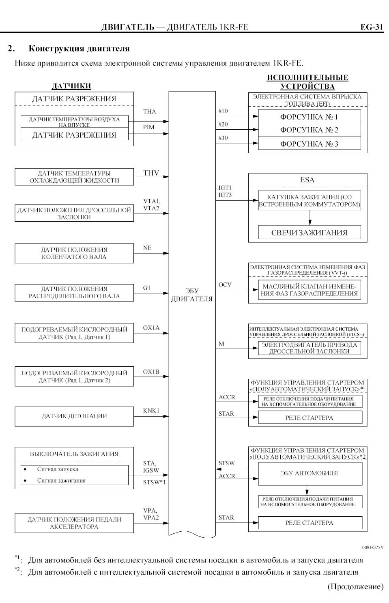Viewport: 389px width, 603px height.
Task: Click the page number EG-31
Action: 371,27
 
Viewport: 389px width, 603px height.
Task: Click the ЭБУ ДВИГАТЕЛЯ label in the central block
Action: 192,295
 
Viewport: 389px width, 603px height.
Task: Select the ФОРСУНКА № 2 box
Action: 309,130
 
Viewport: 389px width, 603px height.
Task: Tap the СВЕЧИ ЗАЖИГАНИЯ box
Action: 309,233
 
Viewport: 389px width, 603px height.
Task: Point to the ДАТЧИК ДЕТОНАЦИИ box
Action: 74,416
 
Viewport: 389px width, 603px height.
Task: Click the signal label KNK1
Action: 151,411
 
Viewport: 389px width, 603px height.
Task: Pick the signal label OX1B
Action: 151,372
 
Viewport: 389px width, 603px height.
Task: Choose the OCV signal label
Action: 225,284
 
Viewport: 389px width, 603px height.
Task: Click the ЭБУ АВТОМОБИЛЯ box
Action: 310,473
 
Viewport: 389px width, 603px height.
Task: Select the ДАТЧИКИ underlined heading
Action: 71,86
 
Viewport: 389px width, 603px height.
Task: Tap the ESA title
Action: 307,180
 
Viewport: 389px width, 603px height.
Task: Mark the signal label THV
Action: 151,173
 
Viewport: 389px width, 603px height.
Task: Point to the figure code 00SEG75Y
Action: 372,547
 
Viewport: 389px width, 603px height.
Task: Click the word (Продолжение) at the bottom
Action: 355,586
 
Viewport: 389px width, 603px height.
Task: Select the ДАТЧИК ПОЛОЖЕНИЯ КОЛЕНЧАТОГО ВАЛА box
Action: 74,253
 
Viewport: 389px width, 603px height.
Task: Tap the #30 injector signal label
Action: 223,138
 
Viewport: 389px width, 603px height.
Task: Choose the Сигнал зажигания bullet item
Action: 61,481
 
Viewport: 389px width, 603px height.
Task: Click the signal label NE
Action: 147,248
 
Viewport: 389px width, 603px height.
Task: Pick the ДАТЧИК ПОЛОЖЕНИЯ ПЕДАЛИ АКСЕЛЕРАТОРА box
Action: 74,523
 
